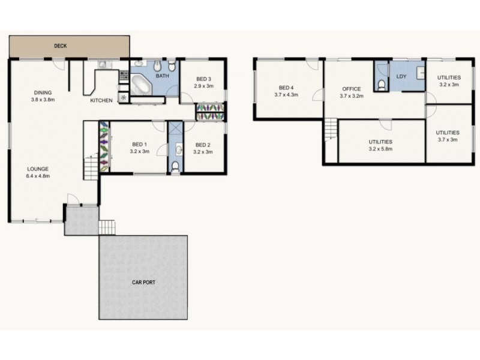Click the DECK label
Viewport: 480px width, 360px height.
pos(59,46)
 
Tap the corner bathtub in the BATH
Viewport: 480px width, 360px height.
pos(143,85)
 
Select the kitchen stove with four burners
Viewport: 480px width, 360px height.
pos(124,76)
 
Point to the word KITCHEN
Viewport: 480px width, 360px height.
pos(101,100)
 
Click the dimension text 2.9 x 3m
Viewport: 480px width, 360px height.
pos(203,86)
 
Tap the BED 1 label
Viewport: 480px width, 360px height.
pos(139,144)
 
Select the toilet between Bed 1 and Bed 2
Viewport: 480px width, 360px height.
pos(175,166)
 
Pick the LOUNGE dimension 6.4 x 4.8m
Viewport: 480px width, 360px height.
pos(37,176)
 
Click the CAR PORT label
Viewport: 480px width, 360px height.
pos(143,282)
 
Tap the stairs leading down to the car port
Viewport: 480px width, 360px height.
pos(107,227)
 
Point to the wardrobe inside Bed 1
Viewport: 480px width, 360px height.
pos(104,147)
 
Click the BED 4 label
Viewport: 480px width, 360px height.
pos(286,87)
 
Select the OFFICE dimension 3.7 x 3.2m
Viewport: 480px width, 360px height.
pos(352,96)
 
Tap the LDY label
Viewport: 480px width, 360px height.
pos(401,77)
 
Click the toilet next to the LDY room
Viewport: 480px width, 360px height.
pos(382,86)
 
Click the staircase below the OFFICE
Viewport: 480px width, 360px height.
pos(331,130)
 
